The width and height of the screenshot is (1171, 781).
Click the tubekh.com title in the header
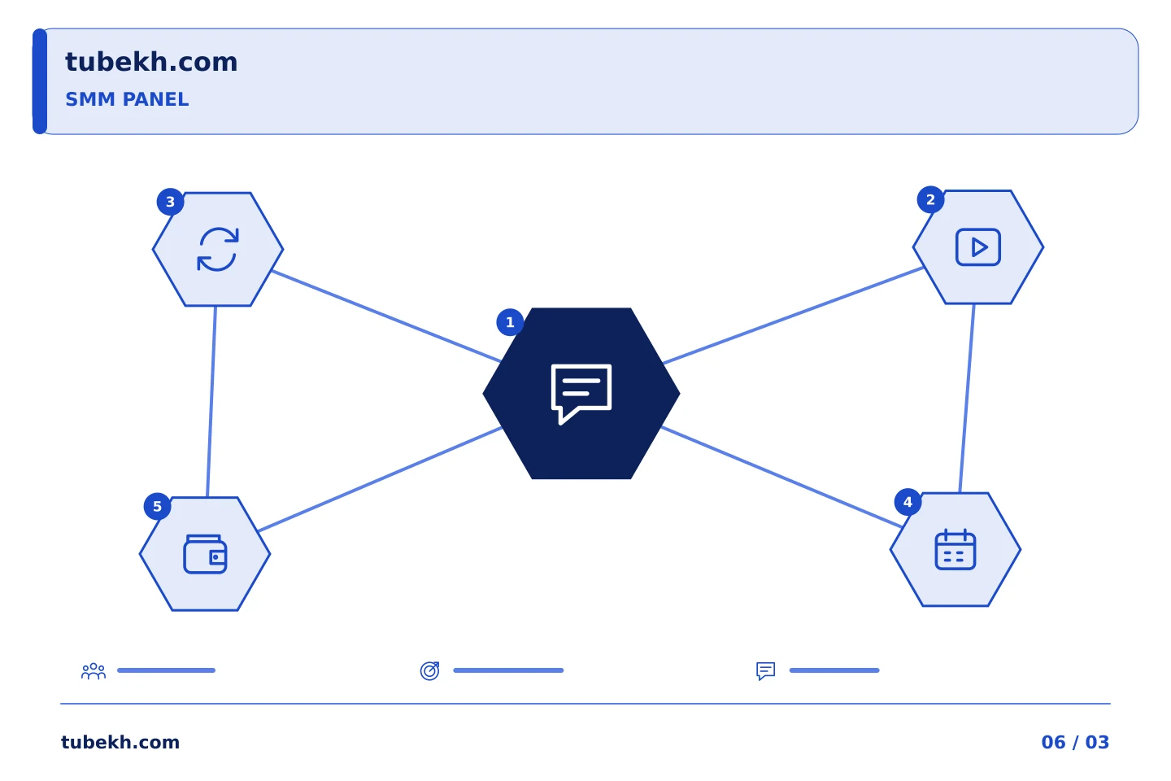tap(151, 62)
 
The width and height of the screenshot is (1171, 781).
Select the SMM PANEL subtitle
tap(127, 99)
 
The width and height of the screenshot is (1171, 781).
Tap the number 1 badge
tap(510, 322)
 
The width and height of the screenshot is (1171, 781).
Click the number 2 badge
tap(930, 200)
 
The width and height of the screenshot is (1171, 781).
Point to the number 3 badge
tap(171, 202)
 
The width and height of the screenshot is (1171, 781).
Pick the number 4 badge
tap(908, 502)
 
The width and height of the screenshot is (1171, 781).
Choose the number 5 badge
tap(158, 506)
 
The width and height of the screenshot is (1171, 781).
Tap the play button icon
tap(978, 247)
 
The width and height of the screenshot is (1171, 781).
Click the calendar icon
tap(955, 549)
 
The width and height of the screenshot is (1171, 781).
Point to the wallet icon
tap(205, 555)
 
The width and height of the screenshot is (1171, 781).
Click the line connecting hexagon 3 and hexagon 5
tap(211, 402)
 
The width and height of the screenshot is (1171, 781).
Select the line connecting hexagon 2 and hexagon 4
tap(967, 399)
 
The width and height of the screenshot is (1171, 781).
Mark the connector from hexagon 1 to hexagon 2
tap(793, 316)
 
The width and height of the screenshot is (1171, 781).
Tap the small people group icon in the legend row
tap(94, 671)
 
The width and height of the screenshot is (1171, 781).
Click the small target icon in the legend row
tap(429, 670)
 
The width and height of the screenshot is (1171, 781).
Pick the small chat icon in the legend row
tap(766, 671)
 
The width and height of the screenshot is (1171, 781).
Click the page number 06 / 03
tap(1075, 742)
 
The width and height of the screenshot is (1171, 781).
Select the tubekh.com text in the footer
tap(120, 742)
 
